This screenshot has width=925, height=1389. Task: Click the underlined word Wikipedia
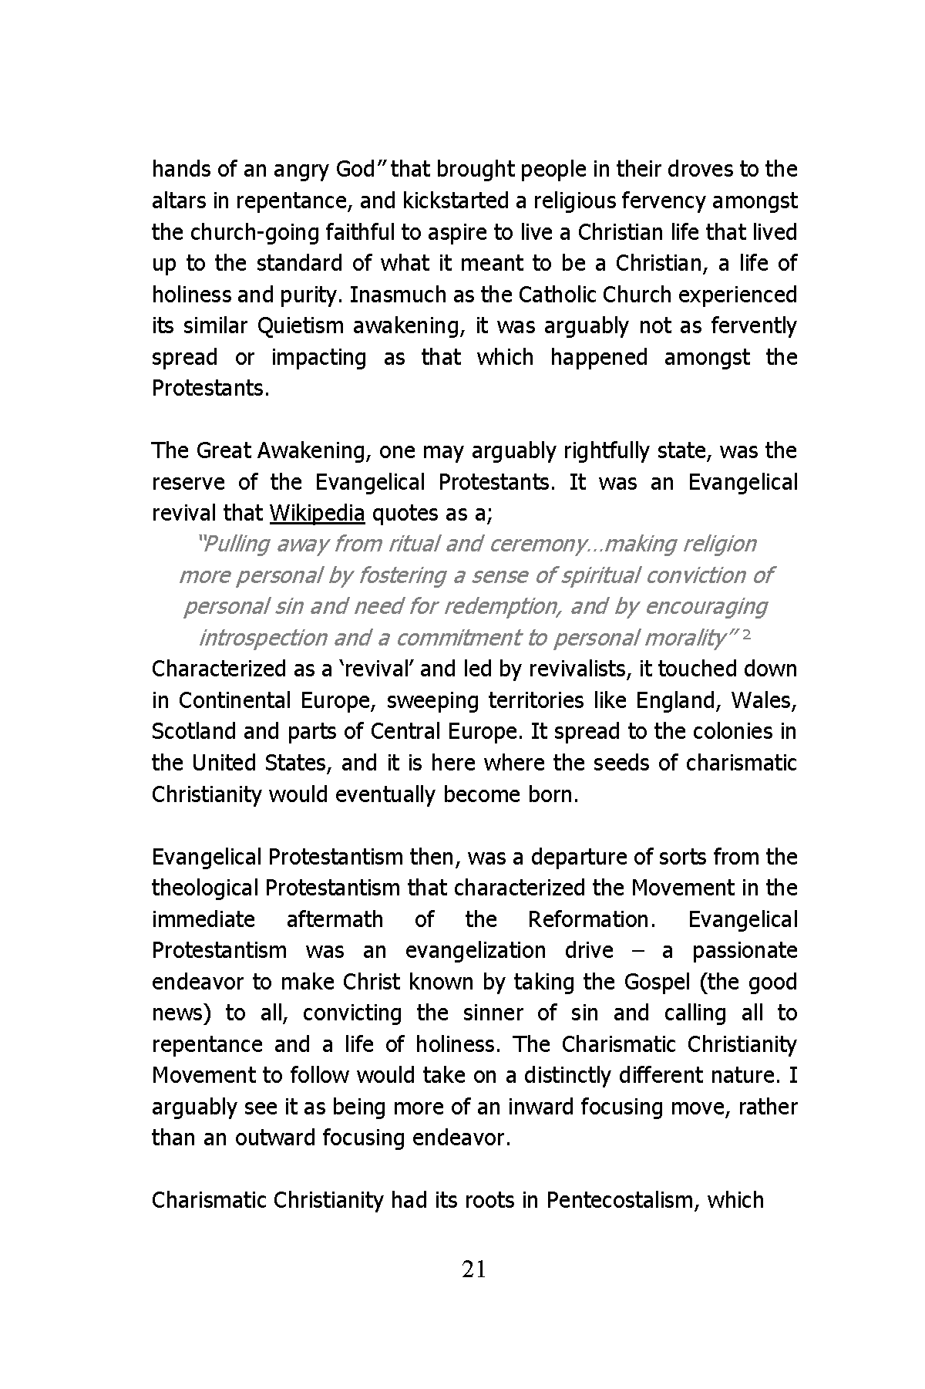pos(316,514)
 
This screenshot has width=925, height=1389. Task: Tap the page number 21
pos(473,1269)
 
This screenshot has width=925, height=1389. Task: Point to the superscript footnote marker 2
pos(746,633)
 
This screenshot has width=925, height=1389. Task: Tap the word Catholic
pos(561,295)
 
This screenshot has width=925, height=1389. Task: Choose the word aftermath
pos(335,920)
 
